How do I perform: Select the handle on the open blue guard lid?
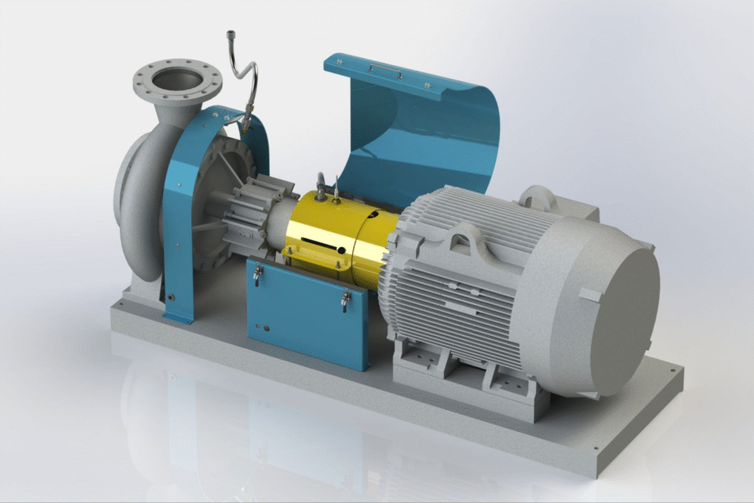click(386, 70)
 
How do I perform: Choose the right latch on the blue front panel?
click(344, 300)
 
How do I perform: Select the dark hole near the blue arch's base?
click(172, 298)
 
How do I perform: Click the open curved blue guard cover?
click(427, 133)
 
